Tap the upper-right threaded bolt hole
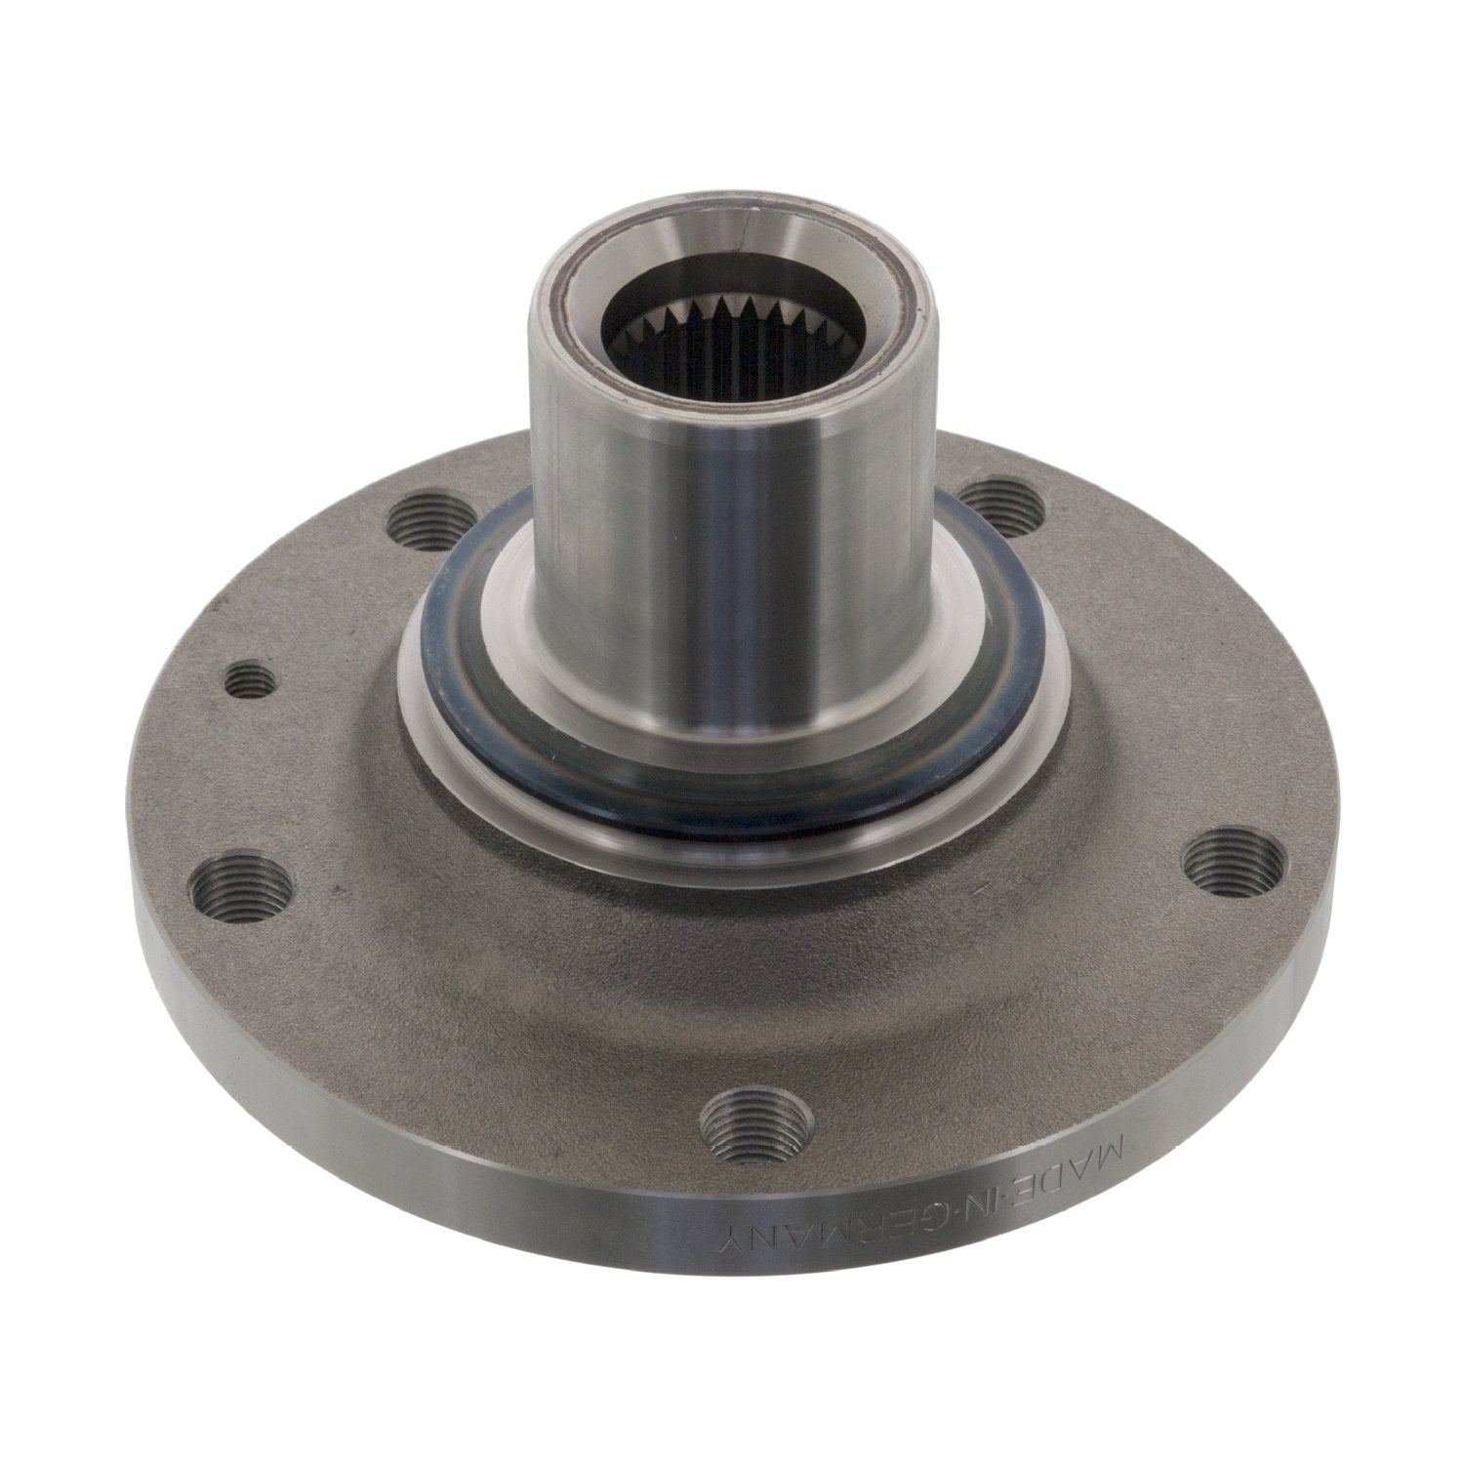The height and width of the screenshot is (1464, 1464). [1005, 500]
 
